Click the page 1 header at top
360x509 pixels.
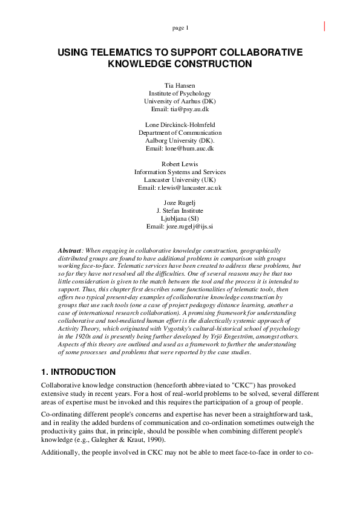(x=180, y=28)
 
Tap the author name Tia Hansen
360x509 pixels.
(x=180, y=86)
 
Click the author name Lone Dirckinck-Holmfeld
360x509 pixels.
(x=180, y=125)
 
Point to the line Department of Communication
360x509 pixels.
(x=180, y=132)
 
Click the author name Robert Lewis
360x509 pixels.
(x=180, y=164)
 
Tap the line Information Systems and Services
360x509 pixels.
(x=180, y=172)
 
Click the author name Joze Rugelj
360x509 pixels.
(x=180, y=203)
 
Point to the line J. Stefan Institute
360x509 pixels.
(x=180, y=210)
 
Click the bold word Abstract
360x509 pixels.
(x=70, y=250)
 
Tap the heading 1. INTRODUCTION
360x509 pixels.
(x=78, y=371)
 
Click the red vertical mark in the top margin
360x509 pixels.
(x=326, y=26)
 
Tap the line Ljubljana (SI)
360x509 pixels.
(x=180, y=218)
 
